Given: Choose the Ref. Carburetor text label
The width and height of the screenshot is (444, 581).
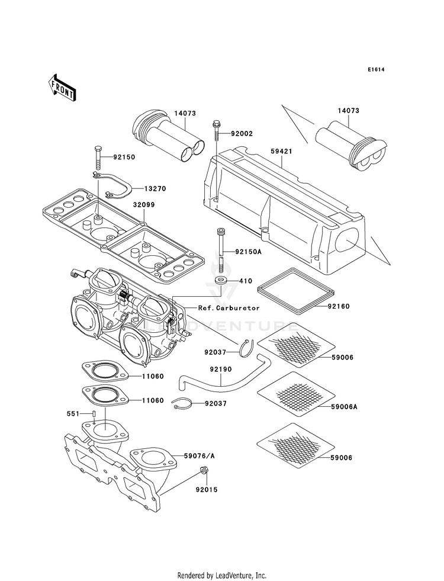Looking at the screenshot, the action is point(229,308).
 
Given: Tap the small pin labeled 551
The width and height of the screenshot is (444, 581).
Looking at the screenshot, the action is point(95,413).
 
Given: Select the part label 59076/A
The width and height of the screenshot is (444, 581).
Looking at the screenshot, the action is point(200,456).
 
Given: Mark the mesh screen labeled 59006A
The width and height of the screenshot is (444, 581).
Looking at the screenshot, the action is point(295,394).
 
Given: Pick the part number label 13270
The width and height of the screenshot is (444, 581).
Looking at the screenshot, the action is point(155,188).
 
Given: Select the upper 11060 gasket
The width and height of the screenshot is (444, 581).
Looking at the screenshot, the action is point(105,371).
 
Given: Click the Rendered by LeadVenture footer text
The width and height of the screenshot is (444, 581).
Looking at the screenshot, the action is point(222,575).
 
